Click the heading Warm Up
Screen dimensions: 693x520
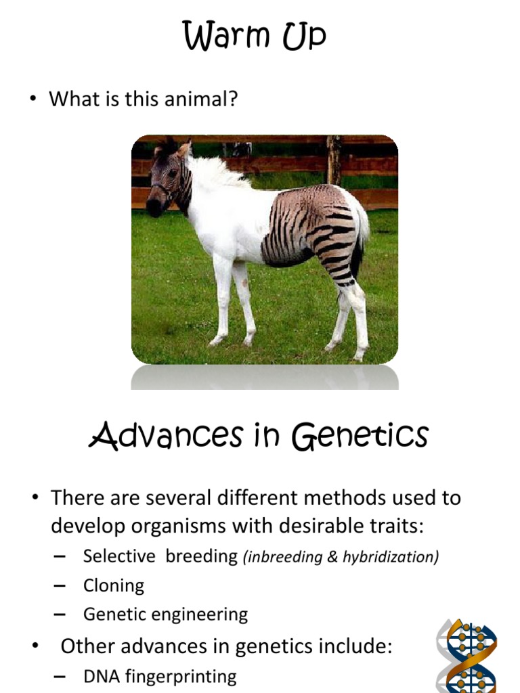click(x=254, y=37)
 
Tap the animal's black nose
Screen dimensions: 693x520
click(x=154, y=208)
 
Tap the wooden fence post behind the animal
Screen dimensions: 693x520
click(x=333, y=160)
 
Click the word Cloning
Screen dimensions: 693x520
click(x=114, y=585)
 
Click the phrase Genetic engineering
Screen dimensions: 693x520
click(x=165, y=614)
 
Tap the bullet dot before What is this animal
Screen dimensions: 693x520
click(x=32, y=99)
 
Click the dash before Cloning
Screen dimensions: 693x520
click(x=59, y=585)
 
